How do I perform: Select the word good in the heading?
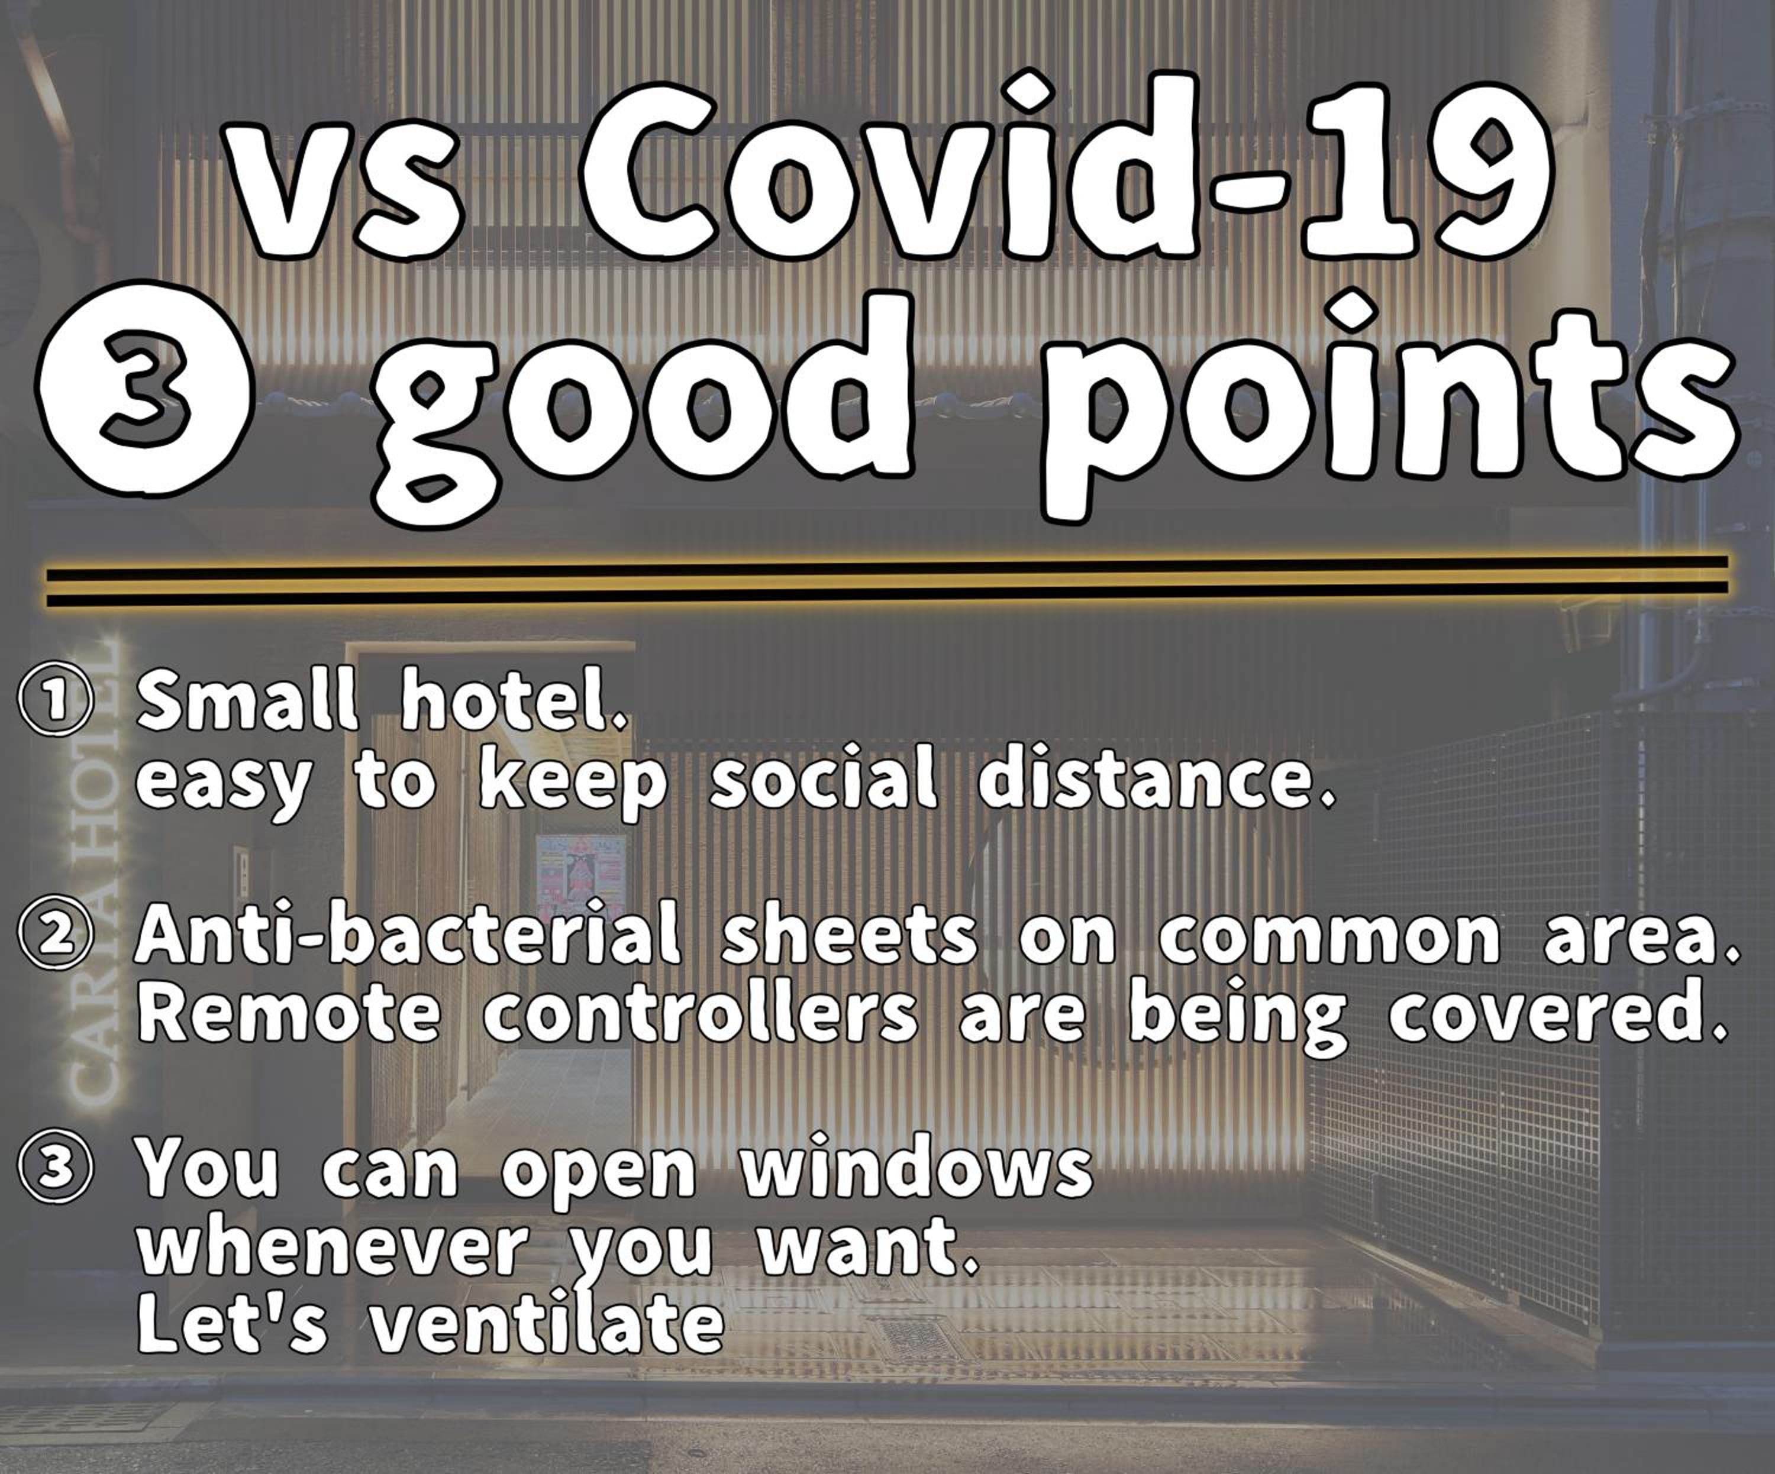click(x=645, y=404)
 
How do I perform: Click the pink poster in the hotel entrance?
click(x=580, y=879)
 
